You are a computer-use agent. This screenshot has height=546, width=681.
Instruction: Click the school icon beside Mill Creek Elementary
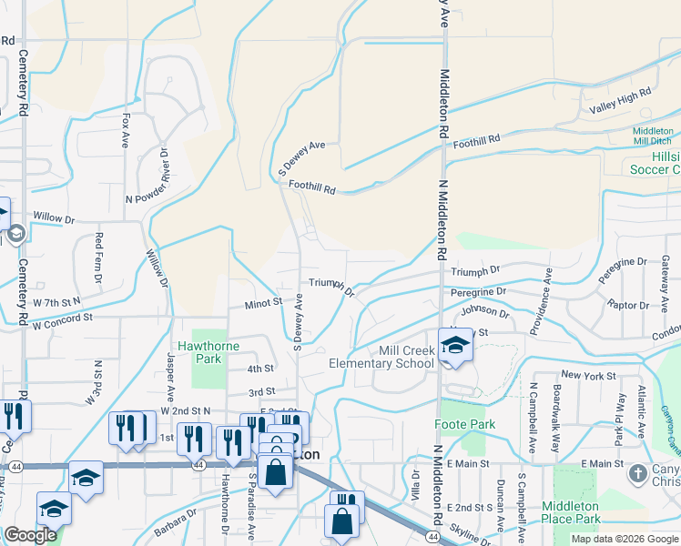pyautogui.click(x=452, y=345)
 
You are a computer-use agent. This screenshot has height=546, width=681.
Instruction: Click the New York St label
pyautogui.click(x=583, y=375)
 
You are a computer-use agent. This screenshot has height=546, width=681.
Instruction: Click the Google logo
pyautogui.click(x=30, y=535)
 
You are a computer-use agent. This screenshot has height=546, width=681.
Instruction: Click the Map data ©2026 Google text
pyautogui.click(x=624, y=539)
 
